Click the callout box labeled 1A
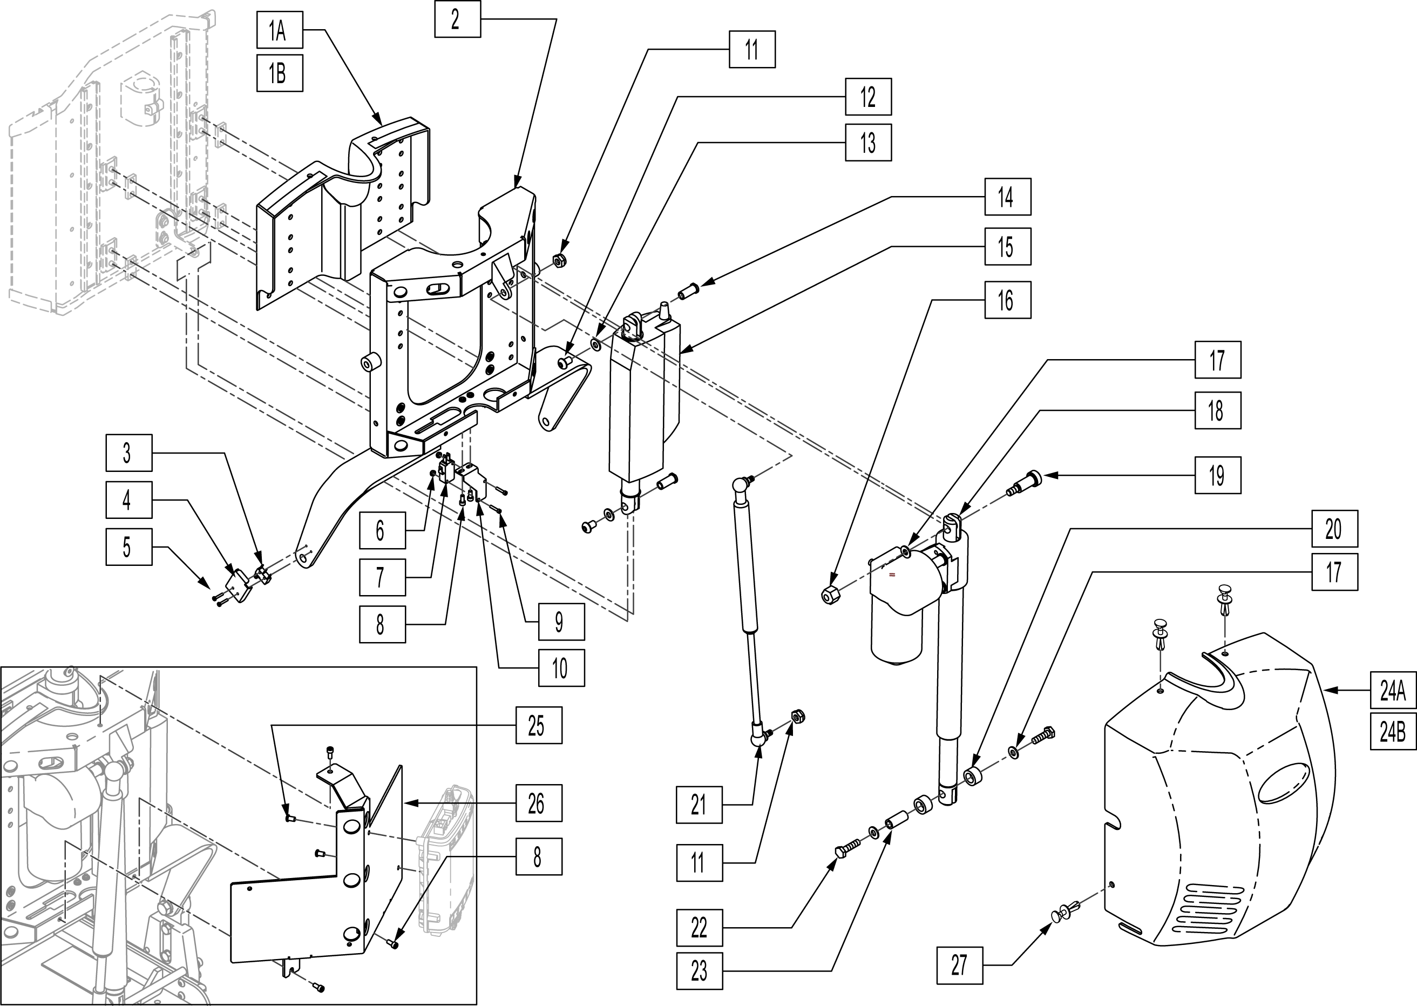click(279, 30)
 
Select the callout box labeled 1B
click(279, 73)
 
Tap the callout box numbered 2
click(457, 19)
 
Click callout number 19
click(1218, 475)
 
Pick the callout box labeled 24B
click(1392, 732)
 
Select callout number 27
click(959, 964)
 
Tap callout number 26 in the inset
click(539, 803)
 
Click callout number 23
click(699, 971)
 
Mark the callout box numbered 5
click(128, 546)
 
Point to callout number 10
click(561, 668)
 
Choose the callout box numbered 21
click(699, 805)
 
